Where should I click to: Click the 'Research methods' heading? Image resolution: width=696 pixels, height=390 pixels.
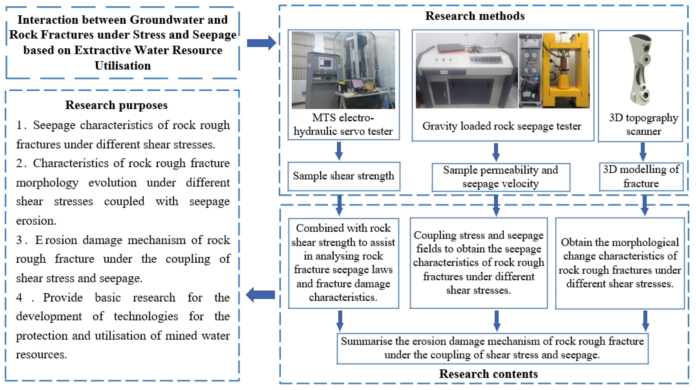(475, 16)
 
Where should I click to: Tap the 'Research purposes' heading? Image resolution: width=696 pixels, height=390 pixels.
(116, 105)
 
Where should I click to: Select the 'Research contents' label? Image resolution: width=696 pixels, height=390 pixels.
(488, 374)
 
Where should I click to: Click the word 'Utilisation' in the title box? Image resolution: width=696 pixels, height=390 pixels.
(123, 66)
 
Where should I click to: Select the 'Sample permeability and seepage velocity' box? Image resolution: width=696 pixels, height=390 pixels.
(500, 177)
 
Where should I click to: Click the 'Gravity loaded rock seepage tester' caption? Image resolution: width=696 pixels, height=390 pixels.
(502, 126)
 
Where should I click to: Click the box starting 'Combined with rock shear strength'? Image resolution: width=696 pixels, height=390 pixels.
(343, 263)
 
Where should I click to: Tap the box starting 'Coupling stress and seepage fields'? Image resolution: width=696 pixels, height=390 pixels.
(478, 263)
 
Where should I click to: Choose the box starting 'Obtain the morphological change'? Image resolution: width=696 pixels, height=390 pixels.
(619, 263)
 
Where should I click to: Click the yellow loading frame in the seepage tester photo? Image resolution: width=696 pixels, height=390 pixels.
(566, 70)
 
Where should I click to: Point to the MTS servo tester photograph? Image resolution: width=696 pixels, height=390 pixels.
(343, 70)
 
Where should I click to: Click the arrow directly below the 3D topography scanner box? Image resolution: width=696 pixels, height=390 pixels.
(643, 152)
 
